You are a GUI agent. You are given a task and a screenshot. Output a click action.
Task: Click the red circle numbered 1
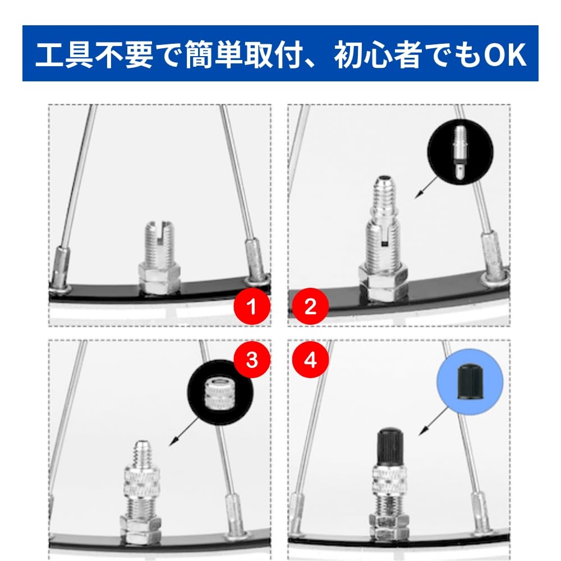pyautogui.click(x=252, y=306)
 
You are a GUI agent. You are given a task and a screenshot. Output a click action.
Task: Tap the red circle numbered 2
pyautogui.click(x=310, y=306)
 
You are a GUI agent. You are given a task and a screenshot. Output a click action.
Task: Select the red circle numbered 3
pyautogui.click(x=252, y=360)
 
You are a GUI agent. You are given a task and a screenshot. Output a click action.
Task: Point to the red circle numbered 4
pyautogui.click(x=310, y=360)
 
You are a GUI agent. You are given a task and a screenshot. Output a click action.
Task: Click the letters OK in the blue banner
pyautogui.click(x=505, y=55)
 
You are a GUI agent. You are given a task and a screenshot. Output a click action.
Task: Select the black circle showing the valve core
pyautogui.click(x=460, y=151)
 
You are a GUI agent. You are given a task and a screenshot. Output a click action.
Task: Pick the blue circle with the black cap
pyautogui.click(x=470, y=383)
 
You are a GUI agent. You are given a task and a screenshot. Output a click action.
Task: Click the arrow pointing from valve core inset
pyautogui.click(x=426, y=187)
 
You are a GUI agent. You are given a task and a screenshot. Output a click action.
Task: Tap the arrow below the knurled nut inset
pyautogui.click(x=183, y=432)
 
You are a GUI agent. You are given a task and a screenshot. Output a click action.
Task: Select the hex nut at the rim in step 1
pyautogui.click(x=159, y=278)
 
